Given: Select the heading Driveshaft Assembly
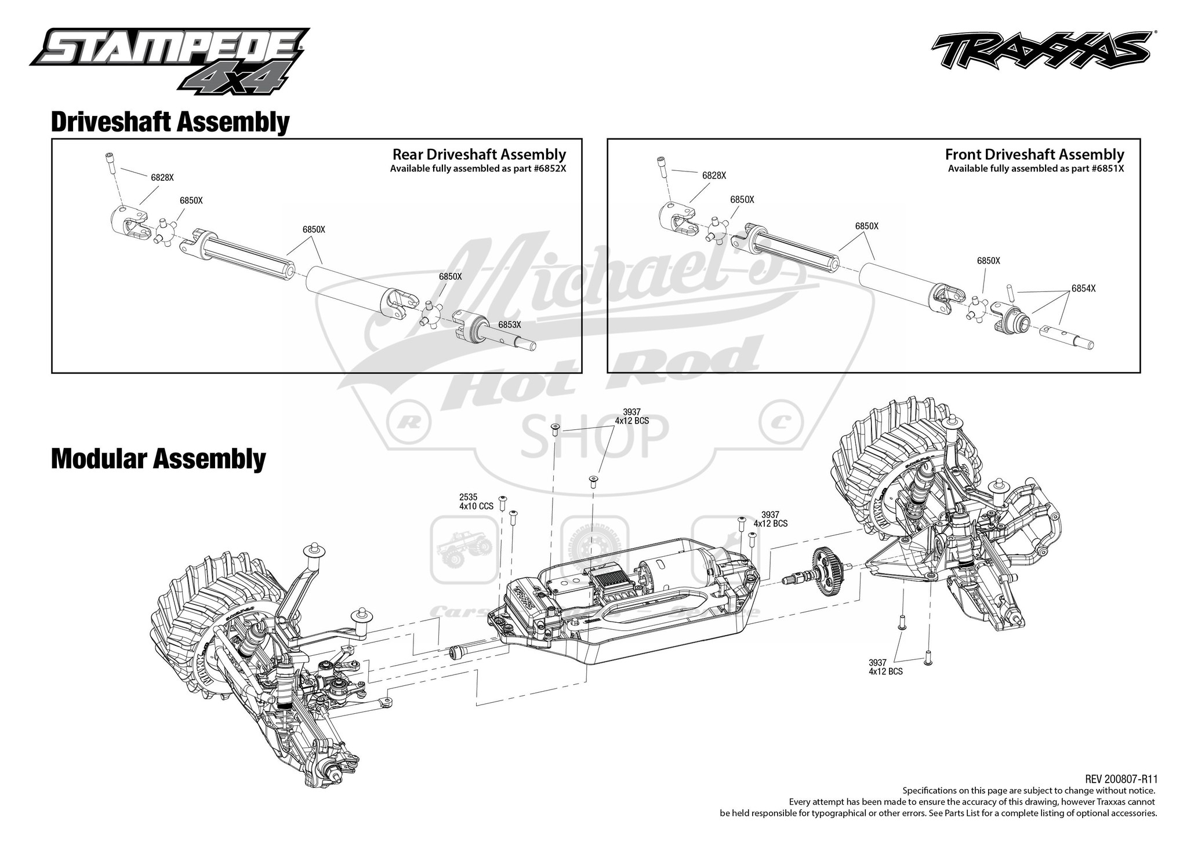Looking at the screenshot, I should point(170,122).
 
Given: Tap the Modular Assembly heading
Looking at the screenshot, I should point(158,459).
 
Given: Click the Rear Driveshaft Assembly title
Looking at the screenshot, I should point(479,155).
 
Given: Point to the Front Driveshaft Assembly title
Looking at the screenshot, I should point(1034,155).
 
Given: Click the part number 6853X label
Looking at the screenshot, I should point(509,325).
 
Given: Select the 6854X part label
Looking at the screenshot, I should point(1083,289).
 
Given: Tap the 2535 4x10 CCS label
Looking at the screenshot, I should point(475,502).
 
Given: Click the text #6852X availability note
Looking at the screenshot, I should point(478,169).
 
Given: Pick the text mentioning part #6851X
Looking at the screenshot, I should point(1036,169).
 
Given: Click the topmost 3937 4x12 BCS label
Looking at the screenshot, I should point(631,417).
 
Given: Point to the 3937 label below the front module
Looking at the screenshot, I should point(885,667).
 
